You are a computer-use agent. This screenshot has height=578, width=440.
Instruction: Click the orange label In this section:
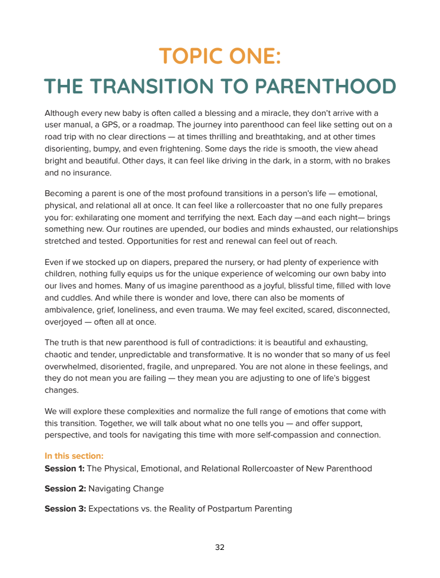[x=74, y=456]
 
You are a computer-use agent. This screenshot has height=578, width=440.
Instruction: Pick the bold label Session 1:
[x=64, y=468]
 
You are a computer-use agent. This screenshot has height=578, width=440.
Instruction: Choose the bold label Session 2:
[x=65, y=489]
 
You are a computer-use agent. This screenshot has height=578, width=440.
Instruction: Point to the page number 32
[x=220, y=548]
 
